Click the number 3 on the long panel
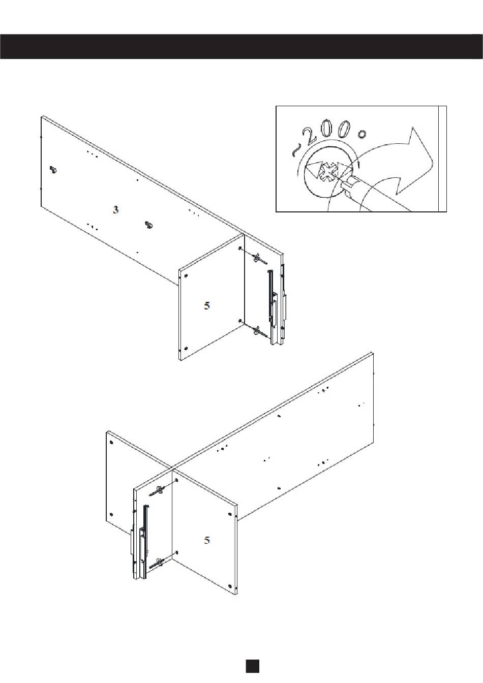point(115,210)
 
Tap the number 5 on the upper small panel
point(207,305)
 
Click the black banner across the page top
point(242,46)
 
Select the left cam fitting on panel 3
point(53,169)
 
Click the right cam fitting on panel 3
point(148,225)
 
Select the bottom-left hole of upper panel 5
point(186,348)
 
